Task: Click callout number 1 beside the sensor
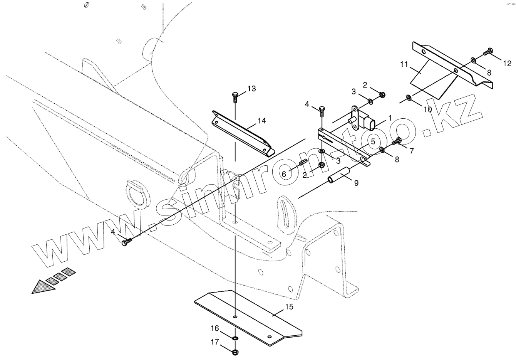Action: [390, 117]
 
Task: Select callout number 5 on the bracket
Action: [373, 141]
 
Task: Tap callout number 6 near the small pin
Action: [284, 174]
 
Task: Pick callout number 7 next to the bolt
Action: [412, 151]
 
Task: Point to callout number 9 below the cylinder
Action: [356, 183]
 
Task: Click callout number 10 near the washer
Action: [428, 109]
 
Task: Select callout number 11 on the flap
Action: [404, 64]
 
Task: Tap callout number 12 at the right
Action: [507, 63]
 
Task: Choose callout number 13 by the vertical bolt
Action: [251, 89]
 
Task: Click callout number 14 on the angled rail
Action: [262, 121]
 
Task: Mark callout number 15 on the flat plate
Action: [289, 307]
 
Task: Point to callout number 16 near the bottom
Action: [214, 328]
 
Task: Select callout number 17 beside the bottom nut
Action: [214, 341]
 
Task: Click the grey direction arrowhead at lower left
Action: [42, 287]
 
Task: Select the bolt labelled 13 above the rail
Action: [235, 95]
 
